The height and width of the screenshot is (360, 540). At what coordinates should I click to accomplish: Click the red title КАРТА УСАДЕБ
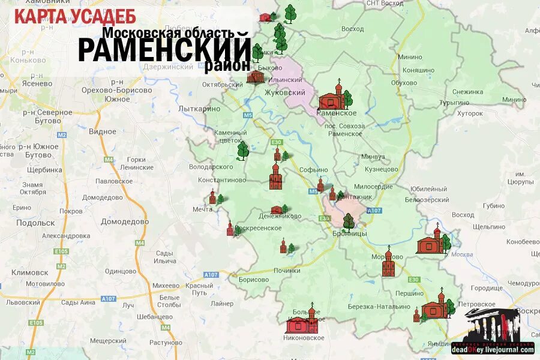coord(75,16)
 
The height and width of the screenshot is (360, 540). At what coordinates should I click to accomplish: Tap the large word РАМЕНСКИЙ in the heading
coord(164,50)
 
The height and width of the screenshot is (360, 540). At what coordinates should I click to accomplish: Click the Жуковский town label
coord(285,92)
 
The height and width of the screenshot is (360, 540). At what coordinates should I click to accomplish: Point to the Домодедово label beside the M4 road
coord(124,221)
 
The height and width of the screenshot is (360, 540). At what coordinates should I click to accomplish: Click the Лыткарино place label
coord(199,109)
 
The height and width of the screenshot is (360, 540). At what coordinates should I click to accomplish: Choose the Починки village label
coord(287,271)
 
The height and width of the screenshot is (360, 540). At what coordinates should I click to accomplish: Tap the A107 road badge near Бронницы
coord(374,210)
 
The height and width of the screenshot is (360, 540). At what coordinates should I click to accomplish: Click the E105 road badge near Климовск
coord(61,251)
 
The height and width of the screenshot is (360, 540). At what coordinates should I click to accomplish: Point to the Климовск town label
coord(29,272)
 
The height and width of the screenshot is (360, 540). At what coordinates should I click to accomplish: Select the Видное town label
coord(102,131)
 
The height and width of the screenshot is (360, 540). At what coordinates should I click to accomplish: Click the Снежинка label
coord(468,92)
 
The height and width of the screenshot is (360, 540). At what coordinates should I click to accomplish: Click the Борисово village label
coord(253,280)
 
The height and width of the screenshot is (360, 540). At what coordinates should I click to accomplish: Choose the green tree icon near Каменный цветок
coord(242,150)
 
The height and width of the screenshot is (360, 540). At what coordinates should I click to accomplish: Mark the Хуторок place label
coord(469,113)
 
